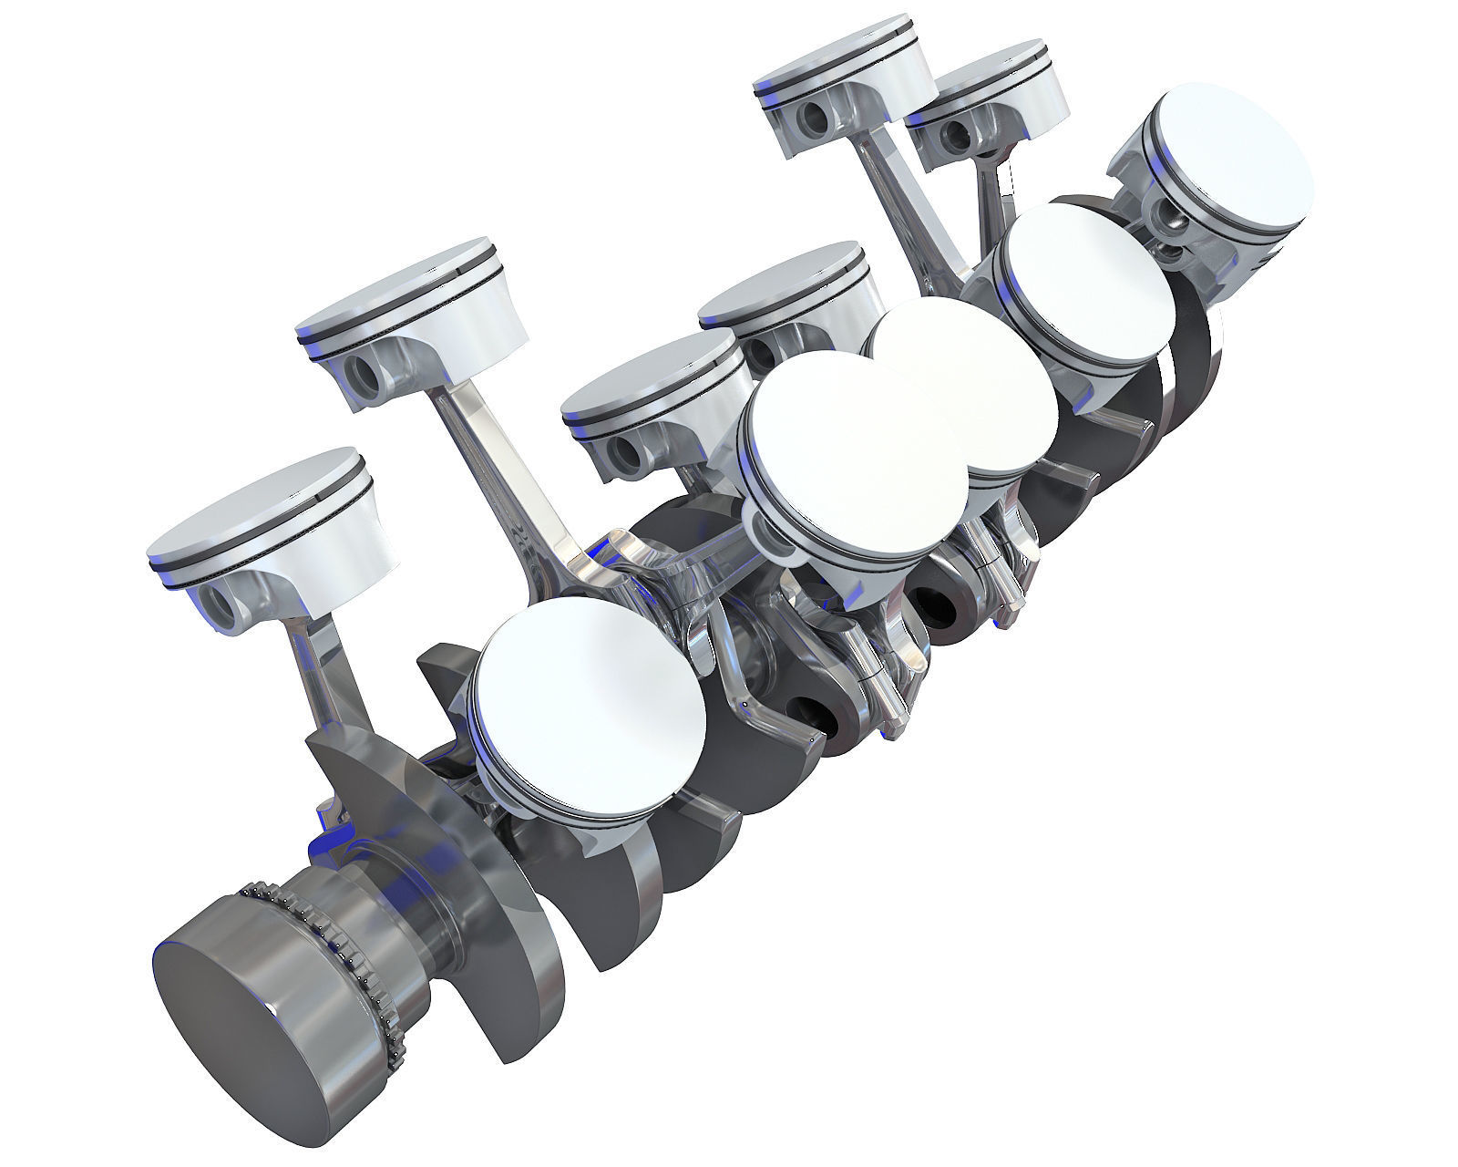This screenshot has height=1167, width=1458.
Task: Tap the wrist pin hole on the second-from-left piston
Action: (365, 375)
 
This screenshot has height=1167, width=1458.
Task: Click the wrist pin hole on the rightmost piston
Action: (1169, 215)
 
